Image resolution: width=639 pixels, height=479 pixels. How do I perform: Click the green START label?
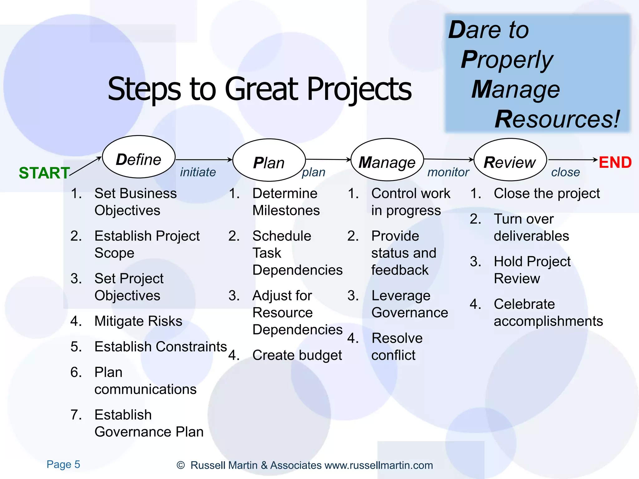[x=44, y=173]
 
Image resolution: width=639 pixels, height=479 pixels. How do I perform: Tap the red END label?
[x=615, y=162]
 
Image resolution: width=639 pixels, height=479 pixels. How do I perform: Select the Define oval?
[x=139, y=157]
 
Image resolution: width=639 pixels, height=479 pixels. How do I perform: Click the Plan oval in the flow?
[x=269, y=160]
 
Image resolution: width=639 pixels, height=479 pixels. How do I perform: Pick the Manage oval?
[x=387, y=160]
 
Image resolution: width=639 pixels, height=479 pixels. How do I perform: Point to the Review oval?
[x=510, y=160]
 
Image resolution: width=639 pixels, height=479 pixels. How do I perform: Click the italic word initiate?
[x=198, y=172]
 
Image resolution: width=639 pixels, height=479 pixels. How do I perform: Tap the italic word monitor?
[x=448, y=172]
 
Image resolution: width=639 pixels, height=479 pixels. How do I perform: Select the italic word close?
[x=565, y=172]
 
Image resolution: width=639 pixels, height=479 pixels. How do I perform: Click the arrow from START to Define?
[x=85, y=167]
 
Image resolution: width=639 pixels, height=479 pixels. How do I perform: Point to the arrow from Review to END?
[x=573, y=160]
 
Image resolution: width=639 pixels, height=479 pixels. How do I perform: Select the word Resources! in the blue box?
[x=557, y=119]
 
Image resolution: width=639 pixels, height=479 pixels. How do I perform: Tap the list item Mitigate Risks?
[x=138, y=321]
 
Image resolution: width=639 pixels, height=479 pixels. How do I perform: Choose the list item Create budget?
[x=297, y=355]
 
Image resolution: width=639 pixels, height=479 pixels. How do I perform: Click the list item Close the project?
[x=547, y=194]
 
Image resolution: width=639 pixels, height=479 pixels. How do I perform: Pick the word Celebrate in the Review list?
[x=524, y=304]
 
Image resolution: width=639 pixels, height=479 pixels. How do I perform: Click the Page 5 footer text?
[x=63, y=464]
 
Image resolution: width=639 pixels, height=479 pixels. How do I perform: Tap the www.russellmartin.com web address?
[x=378, y=465]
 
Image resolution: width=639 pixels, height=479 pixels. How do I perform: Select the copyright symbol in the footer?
[x=180, y=465]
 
